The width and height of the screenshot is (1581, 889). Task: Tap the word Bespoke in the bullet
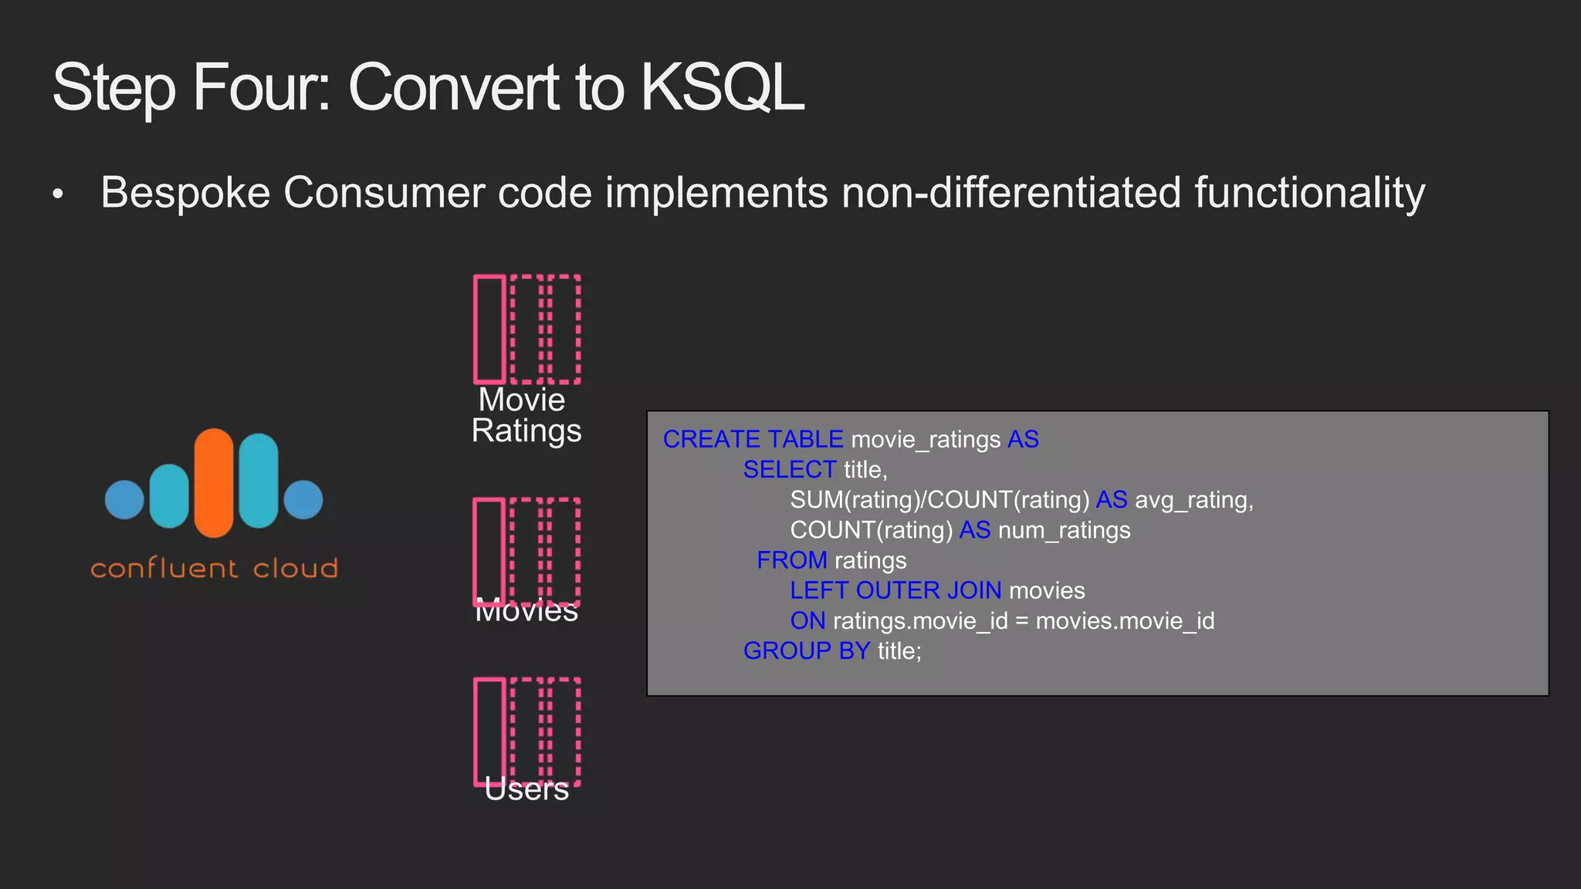click(x=185, y=192)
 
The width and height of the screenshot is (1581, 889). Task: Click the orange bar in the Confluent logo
click(x=214, y=483)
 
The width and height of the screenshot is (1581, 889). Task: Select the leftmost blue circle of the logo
click(x=124, y=499)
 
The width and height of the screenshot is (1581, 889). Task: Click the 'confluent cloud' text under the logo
click(x=215, y=569)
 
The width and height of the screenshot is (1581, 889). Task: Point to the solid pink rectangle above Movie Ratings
click(x=489, y=330)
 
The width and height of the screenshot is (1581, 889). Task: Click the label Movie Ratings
click(x=526, y=415)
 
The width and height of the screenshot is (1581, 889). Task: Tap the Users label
click(x=526, y=789)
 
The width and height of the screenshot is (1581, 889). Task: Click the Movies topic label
click(x=526, y=610)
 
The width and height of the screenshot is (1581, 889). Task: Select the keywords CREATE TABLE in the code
click(x=753, y=439)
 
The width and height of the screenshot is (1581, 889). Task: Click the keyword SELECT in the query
click(x=789, y=469)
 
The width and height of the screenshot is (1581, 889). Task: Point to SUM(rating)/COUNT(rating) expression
click(x=939, y=500)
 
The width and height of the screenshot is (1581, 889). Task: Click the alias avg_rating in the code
click(x=1192, y=500)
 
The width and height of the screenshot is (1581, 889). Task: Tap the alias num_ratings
click(x=1064, y=530)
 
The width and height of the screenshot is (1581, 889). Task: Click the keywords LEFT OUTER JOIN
click(x=895, y=590)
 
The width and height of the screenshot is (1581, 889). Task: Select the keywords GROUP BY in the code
click(x=806, y=651)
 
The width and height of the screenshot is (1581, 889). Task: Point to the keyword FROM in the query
click(x=791, y=560)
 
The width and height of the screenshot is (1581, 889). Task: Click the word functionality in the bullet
click(x=1309, y=192)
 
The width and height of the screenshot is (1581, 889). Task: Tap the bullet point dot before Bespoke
click(x=58, y=194)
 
